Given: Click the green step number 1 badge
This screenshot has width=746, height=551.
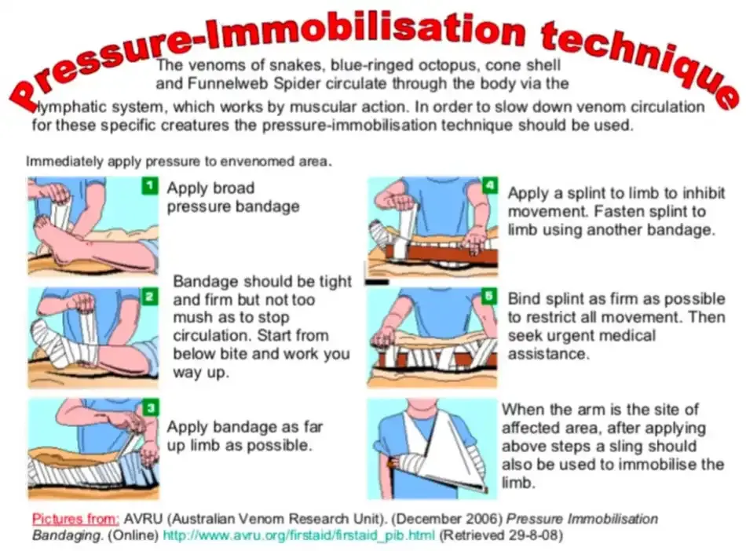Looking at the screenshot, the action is click(150, 186).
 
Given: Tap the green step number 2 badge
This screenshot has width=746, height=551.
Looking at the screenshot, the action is click(149, 297).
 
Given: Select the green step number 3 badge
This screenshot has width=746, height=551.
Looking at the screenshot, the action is click(151, 408).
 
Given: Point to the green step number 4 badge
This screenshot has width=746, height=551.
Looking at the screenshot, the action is click(489, 185).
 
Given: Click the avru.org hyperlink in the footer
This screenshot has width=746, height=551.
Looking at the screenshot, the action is click(298, 535).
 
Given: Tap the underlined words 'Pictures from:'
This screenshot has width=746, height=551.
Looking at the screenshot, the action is click(75, 519).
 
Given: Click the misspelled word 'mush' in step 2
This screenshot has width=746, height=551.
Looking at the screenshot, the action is click(190, 318).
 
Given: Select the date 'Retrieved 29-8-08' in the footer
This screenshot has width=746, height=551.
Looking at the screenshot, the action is click(500, 535).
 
